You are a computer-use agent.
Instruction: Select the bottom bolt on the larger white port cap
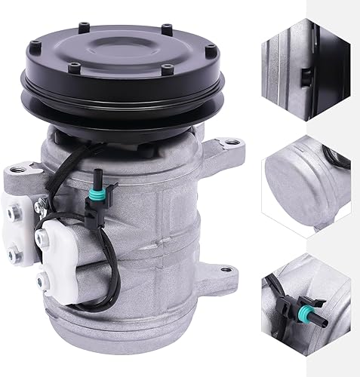click(57, 286)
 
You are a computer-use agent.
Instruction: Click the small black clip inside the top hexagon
click(303, 75)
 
